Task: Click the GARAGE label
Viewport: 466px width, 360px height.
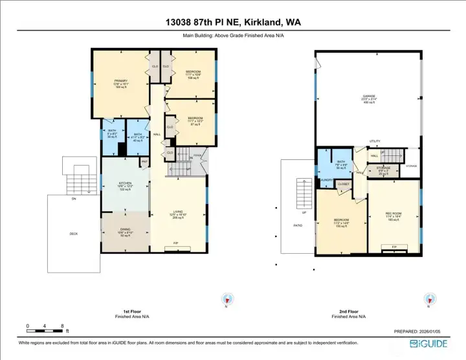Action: click(369, 96)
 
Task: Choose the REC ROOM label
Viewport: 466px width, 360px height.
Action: click(394, 214)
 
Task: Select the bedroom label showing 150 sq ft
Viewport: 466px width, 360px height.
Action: click(341, 220)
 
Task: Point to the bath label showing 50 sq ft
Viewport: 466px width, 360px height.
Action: click(341, 163)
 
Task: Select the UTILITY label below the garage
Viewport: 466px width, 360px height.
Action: click(374, 141)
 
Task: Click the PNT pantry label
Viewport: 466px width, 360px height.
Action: click(144, 161)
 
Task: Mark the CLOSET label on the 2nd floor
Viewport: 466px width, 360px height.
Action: click(343, 184)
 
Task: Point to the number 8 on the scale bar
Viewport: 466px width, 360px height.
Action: click(61, 326)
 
